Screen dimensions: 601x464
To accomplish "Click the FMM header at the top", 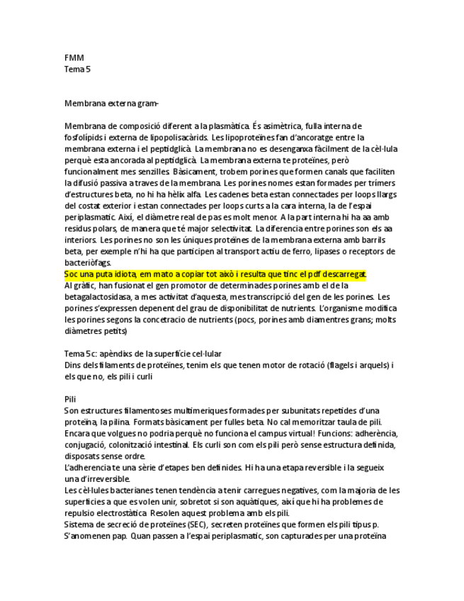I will tap(74, 58).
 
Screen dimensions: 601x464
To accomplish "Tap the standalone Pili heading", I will tap(69, 399).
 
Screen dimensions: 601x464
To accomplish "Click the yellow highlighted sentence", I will tap(215, 274).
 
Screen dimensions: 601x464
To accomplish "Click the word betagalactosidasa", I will tap(101, 297).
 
